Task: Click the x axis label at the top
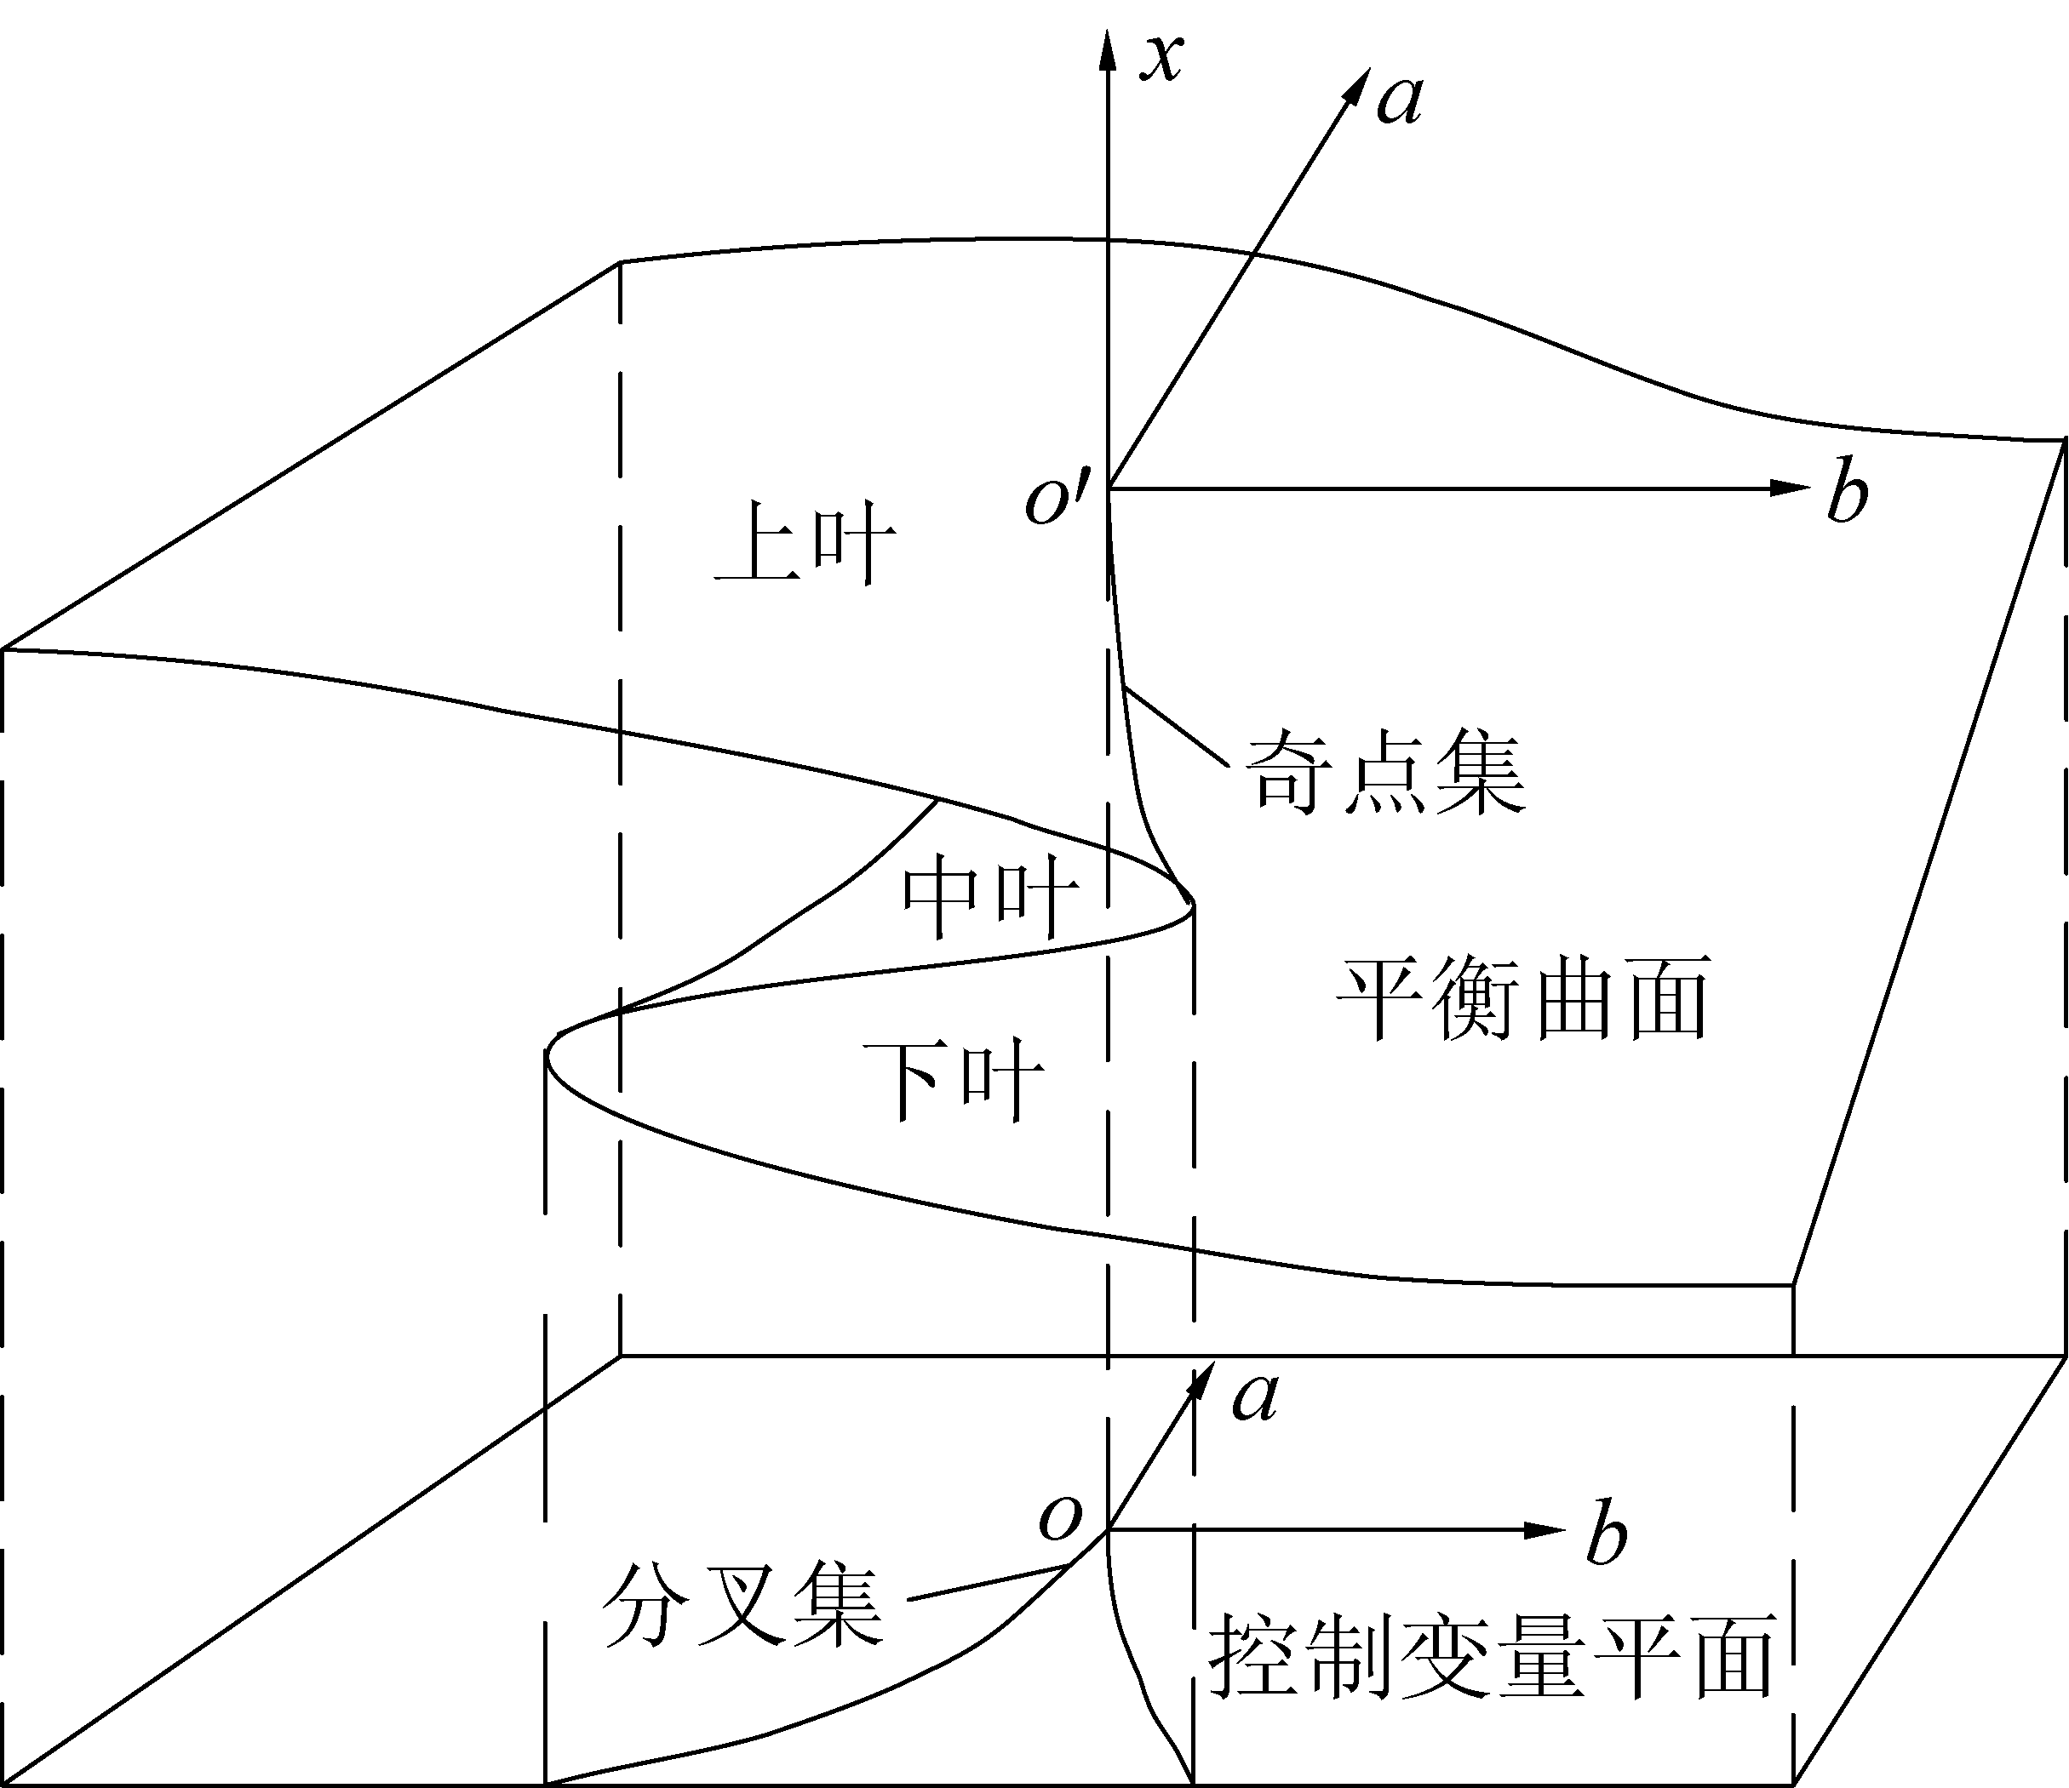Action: tap(1161, 58)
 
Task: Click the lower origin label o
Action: tap(1059, 1518)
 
